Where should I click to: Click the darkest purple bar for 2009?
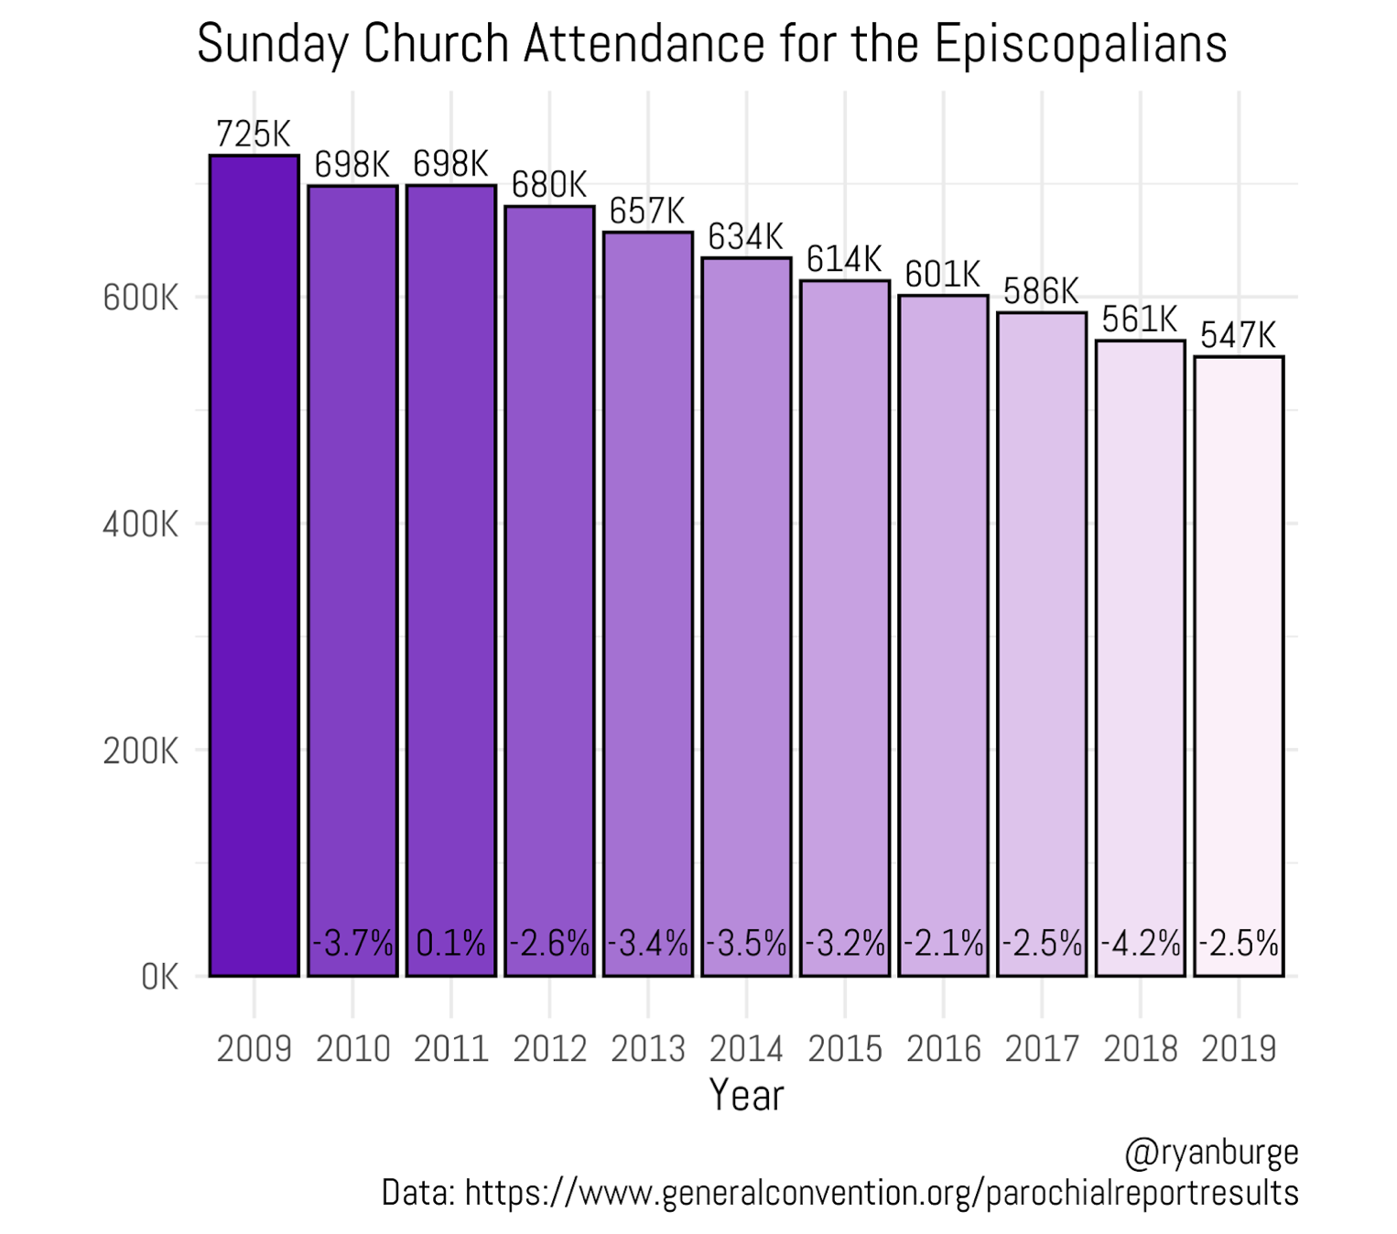(x=254, y=566)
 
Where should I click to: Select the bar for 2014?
(x=746, y=617)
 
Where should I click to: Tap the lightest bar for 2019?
(x=1240, y=666)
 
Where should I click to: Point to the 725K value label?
(x=254, y=134)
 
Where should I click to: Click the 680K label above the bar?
(x=549, y=185)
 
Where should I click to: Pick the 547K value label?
(x=1240, y=336)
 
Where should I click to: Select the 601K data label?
(x=943, y=275)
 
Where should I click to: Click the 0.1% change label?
(x=451, y=943)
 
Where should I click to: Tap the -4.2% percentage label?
(x=1141, y=943)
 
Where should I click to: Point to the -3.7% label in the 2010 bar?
(x=352, y=943)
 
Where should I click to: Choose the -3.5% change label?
(x=746, y=943)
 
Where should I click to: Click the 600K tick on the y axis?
(x=141, y=298)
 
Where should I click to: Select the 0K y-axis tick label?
(x=160, y=978)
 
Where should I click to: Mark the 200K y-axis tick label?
(x=141, y=751)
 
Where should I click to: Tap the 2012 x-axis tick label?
(x=549, y=1049)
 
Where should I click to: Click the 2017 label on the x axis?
(x=1042, y=1049)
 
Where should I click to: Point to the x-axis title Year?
(x=747, y=1095)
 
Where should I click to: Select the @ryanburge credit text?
(x=1211, y=1153)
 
